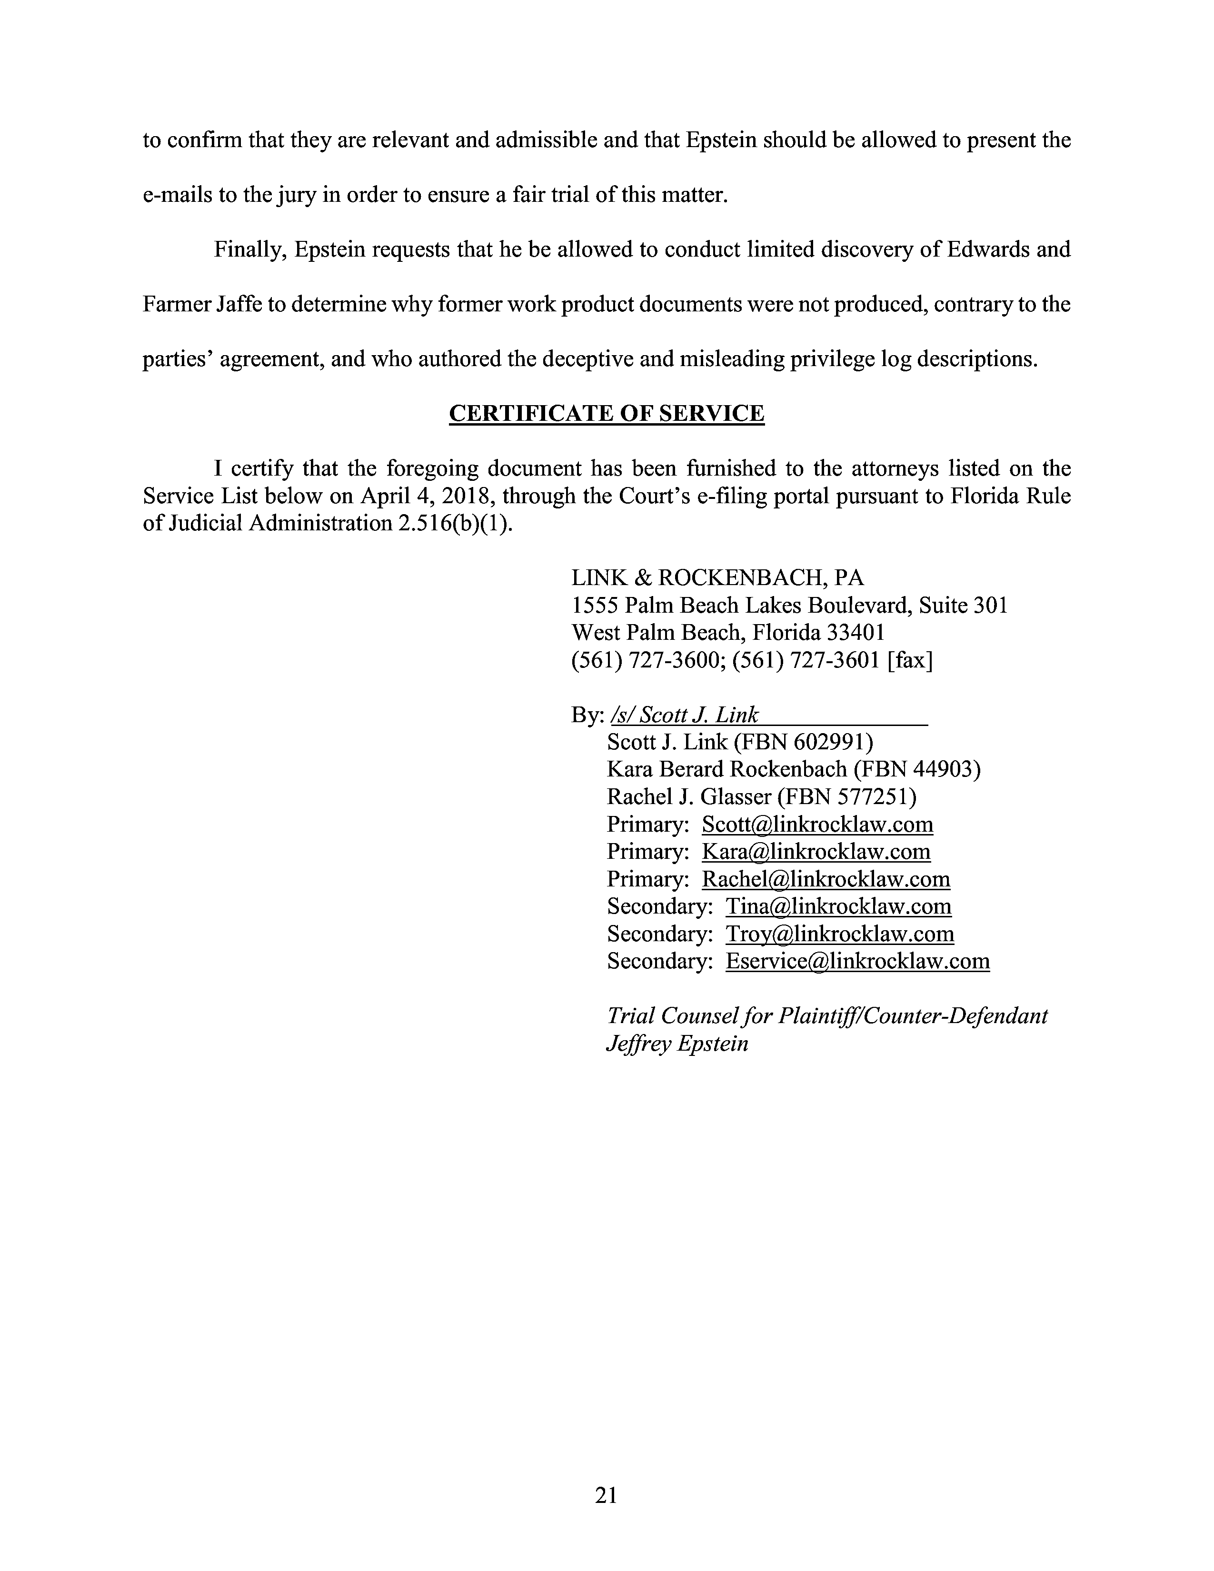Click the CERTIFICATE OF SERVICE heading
point(606,414)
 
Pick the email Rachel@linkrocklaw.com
point(826,879)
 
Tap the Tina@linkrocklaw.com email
point(838,906)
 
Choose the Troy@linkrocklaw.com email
point(839,934)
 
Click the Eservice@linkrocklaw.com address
point(857,961)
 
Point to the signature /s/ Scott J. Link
point(684,715)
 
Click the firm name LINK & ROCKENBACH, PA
point(717,577)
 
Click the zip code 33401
point(856,632)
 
